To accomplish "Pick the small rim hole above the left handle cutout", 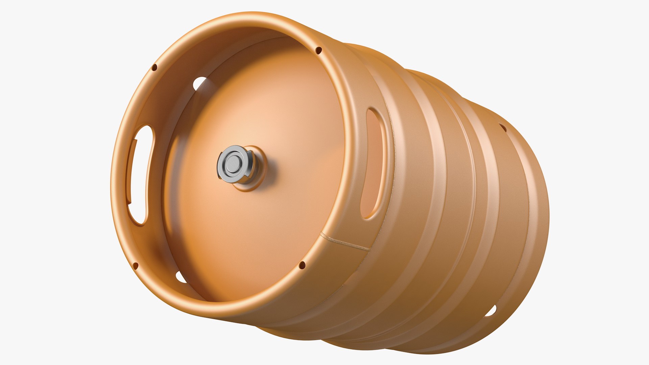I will click(x=154, y=67).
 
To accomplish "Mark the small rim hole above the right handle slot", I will click(x=318, y=51).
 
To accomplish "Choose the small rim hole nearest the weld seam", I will click(x=302, y=265).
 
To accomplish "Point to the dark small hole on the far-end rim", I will click(x=503, y=127).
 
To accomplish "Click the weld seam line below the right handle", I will click(x=348, y=243).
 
